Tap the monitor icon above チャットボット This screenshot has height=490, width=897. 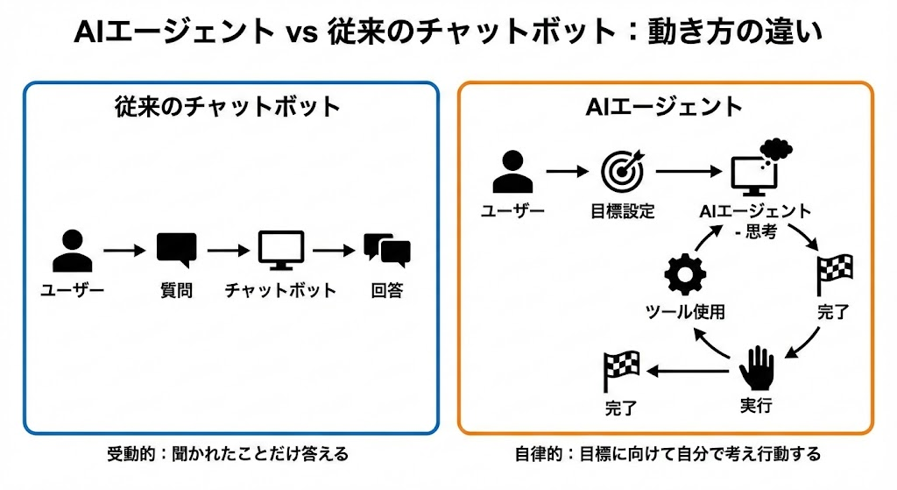(x=280, y=250)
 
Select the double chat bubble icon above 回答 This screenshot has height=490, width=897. (x=386, y=250)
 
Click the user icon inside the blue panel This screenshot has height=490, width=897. (x=72, y=252)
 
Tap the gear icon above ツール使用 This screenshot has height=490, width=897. (x=684, y=275)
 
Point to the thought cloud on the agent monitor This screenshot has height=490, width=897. (x=774, y=149)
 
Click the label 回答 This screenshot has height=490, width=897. (x=386, y=291)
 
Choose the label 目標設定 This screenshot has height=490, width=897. (x=623, y=212)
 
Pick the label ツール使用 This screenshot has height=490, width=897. (x=685, y=313)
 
